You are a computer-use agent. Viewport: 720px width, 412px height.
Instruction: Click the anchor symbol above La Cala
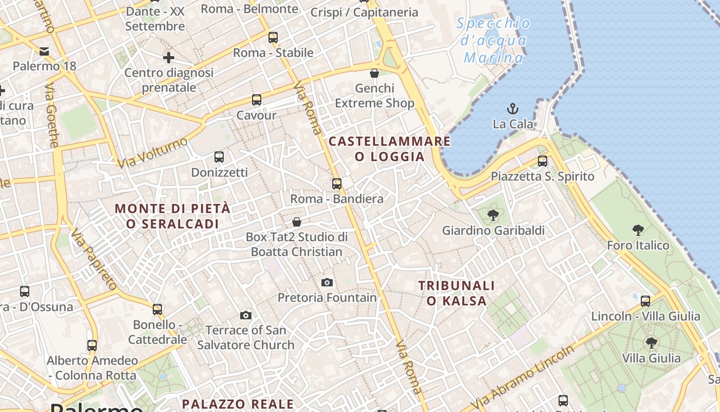(513, 108)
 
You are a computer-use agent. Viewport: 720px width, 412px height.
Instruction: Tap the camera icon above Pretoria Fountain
(327, 282)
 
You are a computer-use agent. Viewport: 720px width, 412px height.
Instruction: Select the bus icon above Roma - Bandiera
(337, 183)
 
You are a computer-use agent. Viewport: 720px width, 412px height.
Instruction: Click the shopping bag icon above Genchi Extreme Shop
(374, 73)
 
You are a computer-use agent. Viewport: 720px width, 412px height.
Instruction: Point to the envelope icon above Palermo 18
(44, 51)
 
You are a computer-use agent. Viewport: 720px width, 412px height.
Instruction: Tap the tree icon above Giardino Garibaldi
(493, 215)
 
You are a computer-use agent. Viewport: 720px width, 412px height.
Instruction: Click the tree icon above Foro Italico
(638, 230)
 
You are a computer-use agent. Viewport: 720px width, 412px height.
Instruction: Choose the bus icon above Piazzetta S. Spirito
(543, 161)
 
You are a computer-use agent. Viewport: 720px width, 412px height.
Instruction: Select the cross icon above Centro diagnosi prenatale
(169, 58)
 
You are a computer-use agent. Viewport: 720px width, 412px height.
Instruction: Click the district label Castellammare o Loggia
(389, 149)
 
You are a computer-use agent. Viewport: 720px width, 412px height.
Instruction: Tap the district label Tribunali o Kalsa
(456, 293)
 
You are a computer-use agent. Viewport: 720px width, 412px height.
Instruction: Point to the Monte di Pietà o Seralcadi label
(173, 216)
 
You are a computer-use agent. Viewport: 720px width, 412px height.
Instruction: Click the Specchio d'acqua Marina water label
(493, 41)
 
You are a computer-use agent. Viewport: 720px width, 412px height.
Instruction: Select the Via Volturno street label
(153, 152)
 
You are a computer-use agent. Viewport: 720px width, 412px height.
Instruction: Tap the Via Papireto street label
(94, 259)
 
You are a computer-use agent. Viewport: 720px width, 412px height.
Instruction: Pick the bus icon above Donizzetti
(219, 157)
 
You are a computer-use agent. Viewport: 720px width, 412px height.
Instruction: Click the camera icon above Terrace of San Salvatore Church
(246, 315)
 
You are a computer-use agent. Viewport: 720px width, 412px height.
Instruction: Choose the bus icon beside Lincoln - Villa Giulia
(645, 301)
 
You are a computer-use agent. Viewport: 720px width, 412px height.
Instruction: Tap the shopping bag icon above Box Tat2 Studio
(297, 222)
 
